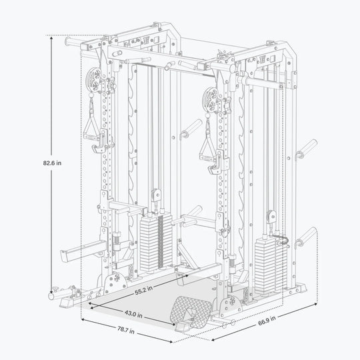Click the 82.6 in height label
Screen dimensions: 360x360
52,163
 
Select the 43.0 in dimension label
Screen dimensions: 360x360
133,314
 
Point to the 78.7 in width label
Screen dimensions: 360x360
126,330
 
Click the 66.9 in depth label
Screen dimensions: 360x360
267,320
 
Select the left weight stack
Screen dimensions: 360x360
156,243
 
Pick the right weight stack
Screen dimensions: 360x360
271,265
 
